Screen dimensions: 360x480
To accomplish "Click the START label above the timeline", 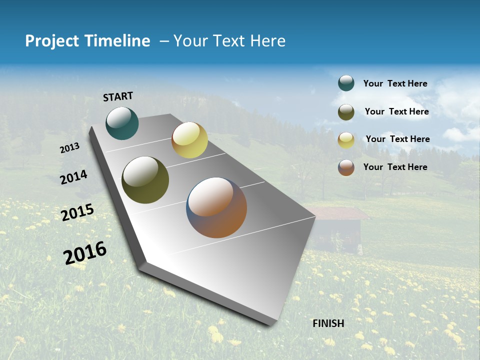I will (118, 96).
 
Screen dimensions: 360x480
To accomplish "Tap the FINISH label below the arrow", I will (328, 323).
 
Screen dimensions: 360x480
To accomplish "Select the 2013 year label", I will (70, 147).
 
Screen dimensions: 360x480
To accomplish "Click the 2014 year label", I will (74, 177).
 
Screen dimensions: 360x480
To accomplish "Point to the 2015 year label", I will (77, 212).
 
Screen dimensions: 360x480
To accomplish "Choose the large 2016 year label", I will (85, 252).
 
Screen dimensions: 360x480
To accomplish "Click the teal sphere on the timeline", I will (122, 123).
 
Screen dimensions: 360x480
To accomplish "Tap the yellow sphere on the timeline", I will (189, 140).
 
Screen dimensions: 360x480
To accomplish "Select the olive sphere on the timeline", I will (145, 180).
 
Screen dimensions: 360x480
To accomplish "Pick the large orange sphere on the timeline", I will (216, 207).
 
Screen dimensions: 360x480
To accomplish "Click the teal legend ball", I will (346, 83).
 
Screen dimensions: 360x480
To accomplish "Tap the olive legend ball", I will (346, 112).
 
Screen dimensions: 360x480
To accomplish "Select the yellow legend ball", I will (346, 139).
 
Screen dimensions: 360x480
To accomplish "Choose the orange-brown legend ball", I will (346, 167).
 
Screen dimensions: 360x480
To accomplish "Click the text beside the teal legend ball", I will (395, 83).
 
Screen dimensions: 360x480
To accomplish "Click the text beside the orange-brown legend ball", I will (395, 167).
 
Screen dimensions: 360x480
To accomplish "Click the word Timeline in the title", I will (118, 41).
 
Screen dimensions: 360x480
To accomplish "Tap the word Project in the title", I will (52, 41).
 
